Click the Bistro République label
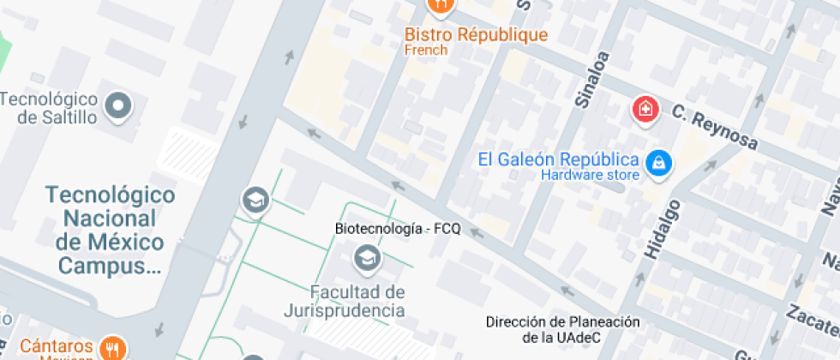click(476, 35)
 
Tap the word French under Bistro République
click(426, 51)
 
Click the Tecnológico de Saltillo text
click(49, 108)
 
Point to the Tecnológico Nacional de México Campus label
click(110, 230)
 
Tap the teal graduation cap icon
click(255, 200)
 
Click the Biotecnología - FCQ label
click(397, 229)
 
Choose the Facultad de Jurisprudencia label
click(345, 301)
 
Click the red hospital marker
click(645, 109)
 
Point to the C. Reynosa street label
click(715, 126)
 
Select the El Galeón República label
click(559, 159)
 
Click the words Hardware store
click(590, 176)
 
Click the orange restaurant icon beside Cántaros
click(112, 347)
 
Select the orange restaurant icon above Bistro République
click(440, 5)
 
